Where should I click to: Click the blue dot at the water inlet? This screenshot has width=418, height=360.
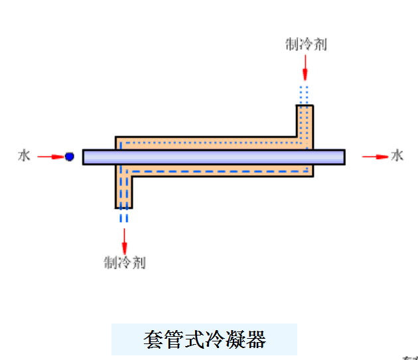point(69,157)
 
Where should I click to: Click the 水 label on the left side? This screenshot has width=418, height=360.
point(25,156)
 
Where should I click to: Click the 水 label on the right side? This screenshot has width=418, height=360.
point(397,156)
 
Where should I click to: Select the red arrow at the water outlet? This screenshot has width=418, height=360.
point(375,157)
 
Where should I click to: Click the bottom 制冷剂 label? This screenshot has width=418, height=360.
point(124,262)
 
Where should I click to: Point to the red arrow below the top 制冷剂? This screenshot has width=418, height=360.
point(305,67)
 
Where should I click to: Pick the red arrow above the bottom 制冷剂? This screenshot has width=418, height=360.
point(124,239)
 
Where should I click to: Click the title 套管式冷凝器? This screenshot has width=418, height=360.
point(204,339)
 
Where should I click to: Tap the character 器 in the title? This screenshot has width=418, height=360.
point(255,339)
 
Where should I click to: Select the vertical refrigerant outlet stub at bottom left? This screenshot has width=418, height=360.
point(124,192)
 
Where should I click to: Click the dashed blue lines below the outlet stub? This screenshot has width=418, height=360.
point(124,217)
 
